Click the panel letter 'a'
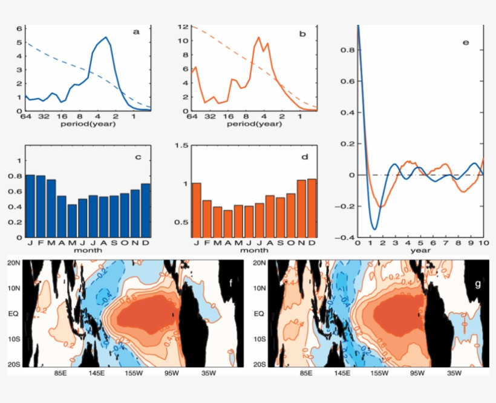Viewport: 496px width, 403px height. (x=137, y=33)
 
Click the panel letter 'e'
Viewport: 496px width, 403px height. (x=465, y=43)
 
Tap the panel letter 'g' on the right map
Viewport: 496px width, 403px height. (x=478, y=283)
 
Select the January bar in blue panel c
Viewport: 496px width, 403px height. (x=30, y=206)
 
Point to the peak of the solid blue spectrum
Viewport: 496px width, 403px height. (x=106, y=38)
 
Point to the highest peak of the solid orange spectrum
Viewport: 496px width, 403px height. (x=259, y=37)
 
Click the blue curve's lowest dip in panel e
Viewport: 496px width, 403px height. (x=375, y=229)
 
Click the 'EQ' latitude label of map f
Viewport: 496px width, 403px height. (x=14, y=314)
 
